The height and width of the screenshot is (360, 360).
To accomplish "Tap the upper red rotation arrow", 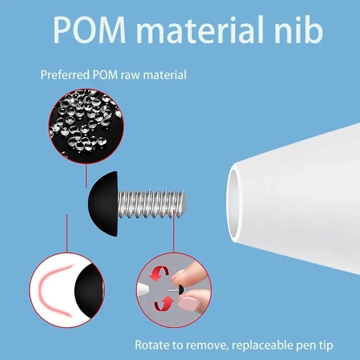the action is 161,274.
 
